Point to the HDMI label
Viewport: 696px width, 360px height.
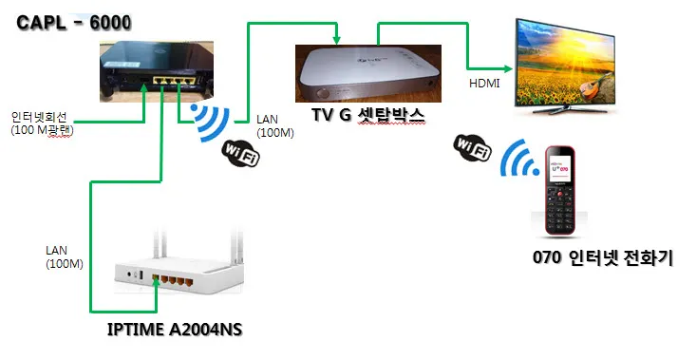[x=485, y=85]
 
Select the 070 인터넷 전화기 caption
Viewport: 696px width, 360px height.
[x=603, y=257]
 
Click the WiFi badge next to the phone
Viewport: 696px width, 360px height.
[x=471, y=150]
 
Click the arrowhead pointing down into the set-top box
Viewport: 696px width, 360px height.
[x=337, y=40]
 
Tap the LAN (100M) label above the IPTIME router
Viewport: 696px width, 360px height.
[x=63, y=256]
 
